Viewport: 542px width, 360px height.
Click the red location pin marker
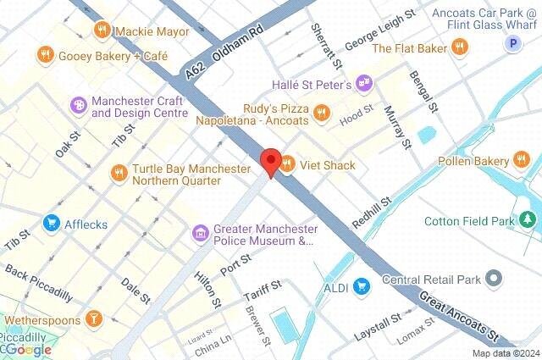click(270, 161)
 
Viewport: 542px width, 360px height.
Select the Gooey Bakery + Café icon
click(45, 56)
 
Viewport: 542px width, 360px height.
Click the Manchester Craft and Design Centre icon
click(79, 105)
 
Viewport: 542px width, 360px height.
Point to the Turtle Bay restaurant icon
click(119, 173)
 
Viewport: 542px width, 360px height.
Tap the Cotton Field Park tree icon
click(528, 221)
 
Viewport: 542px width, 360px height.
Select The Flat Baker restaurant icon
click(461, 48)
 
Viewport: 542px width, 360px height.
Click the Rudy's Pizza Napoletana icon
click(321, 112)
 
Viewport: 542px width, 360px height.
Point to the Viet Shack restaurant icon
click(287, 165)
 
